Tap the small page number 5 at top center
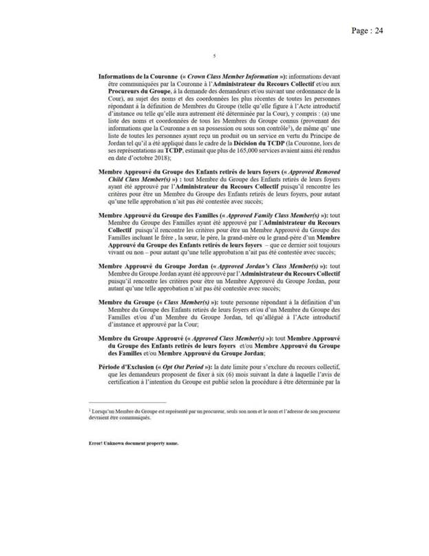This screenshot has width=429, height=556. [215, 56]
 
